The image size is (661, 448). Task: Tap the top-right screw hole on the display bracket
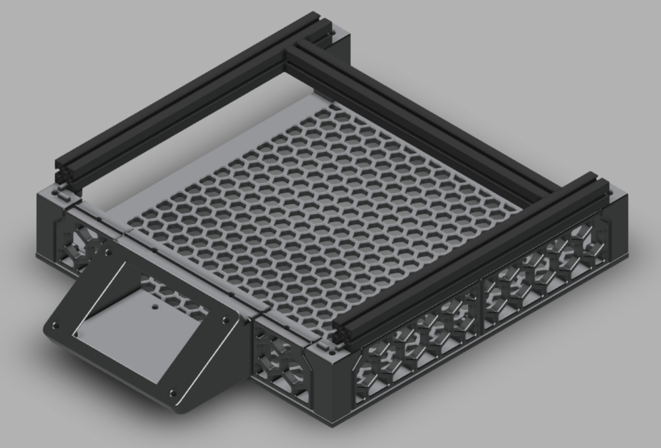click(x=226, y=319)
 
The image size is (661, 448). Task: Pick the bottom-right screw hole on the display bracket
click(x=173, y=392)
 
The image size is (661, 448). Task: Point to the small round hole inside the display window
click(x=153, y=307)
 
